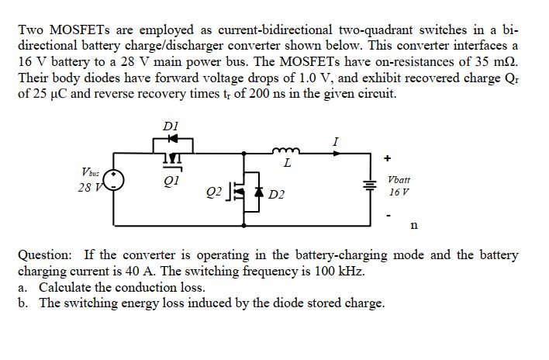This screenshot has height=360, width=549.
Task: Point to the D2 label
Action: click(276, 193)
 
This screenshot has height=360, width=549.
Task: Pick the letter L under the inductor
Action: click(287, 164)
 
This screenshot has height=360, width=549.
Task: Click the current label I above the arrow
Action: click(334, 141)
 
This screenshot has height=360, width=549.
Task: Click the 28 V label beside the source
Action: click(88, 189)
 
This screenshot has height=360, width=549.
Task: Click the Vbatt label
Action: click(400, 178)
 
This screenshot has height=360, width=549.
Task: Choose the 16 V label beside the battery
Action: click(400, 190)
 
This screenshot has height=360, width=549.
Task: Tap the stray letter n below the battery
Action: click(414, 226)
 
